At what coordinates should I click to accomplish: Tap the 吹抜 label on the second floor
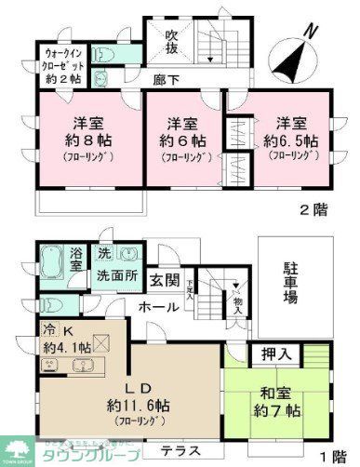pyautogui.click(x=171, y=43)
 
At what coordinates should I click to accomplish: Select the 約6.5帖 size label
pyautogui.click(x=290, y=141)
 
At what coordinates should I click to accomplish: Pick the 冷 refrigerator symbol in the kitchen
pyautogui.click(x=46, y=329)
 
